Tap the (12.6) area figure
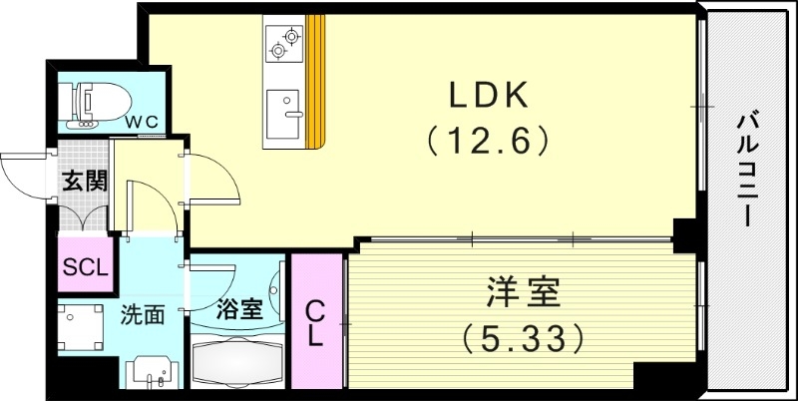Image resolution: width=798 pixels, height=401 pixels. tap(489, 141)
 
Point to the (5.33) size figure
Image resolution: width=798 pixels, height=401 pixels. tap(523, 338)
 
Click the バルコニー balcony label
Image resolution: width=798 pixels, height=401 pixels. tap(747, 171)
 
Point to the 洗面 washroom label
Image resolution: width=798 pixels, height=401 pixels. tap(142, 316)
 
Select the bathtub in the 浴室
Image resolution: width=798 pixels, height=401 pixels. tap(237, 361)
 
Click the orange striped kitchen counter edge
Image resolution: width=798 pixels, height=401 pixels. tap(316, 80)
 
